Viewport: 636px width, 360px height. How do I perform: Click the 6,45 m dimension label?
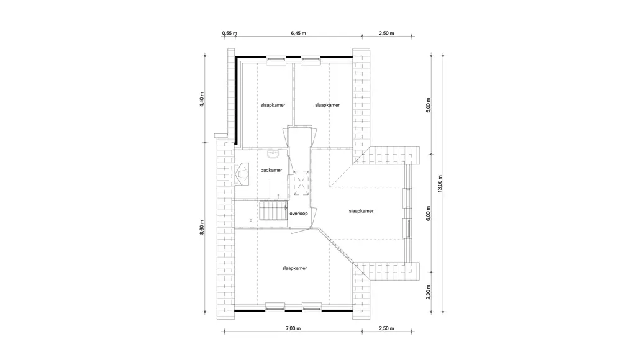(x=298, y=34)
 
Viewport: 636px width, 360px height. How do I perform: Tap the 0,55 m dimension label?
(x=230, y=34)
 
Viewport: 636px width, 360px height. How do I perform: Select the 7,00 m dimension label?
(x=293, y=328)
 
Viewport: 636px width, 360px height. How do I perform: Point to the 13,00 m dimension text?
(x=440, y=183)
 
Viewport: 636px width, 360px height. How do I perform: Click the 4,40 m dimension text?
(x=202, y=99)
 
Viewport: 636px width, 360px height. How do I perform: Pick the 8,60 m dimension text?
(x=202, y=227)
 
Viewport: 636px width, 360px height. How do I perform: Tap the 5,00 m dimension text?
(x=429, y=105)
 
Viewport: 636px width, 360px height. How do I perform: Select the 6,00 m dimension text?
(x=429, y=214)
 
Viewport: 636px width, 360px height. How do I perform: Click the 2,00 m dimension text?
(x=429, y=292)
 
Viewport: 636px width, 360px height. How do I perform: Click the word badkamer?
(x=271, y=170)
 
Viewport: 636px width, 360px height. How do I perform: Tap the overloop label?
(x=299, y=214)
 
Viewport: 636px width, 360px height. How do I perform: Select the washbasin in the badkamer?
(x=273, y=154)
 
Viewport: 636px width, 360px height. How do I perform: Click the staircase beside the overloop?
(x=273, y=211)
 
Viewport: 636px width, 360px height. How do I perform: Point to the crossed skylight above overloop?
(x=301, y=183)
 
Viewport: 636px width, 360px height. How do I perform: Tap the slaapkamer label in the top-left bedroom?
(x=273, y=105)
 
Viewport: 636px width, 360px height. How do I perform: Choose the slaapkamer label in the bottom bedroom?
(x=294, y=268)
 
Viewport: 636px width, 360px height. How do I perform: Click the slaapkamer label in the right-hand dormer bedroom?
(x=361, y=211)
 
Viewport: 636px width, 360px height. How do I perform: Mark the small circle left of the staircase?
(x=251, y=220)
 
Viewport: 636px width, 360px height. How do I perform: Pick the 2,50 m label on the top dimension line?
(x=386, y=34)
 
